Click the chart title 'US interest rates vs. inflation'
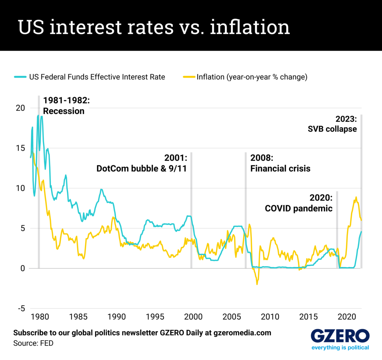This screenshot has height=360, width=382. [154, 27]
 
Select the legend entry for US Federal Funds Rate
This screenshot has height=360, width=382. [89, 77]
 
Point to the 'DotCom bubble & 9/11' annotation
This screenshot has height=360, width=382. [141, 168]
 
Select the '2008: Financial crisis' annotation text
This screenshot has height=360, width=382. [280, 163]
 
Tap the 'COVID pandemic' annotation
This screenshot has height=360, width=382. [298, 208]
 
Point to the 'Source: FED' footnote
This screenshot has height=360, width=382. [33, 343]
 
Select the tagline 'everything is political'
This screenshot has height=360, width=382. [340, 348]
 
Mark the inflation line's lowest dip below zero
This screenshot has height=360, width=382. [257, 284]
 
